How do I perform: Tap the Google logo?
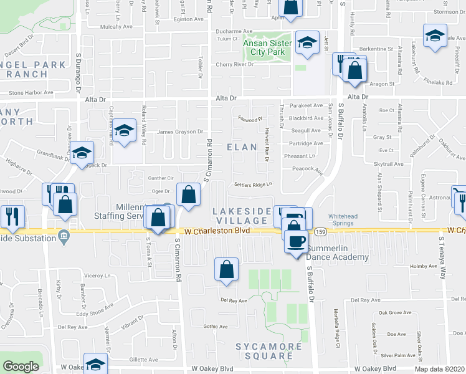[x=21, y=367]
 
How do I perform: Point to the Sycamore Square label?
[x=264, y=351]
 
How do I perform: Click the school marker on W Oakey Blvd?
[x=95, y=364]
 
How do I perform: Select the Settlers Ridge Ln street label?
[x=254, y=185]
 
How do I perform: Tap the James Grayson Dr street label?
[x=180, y=132]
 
